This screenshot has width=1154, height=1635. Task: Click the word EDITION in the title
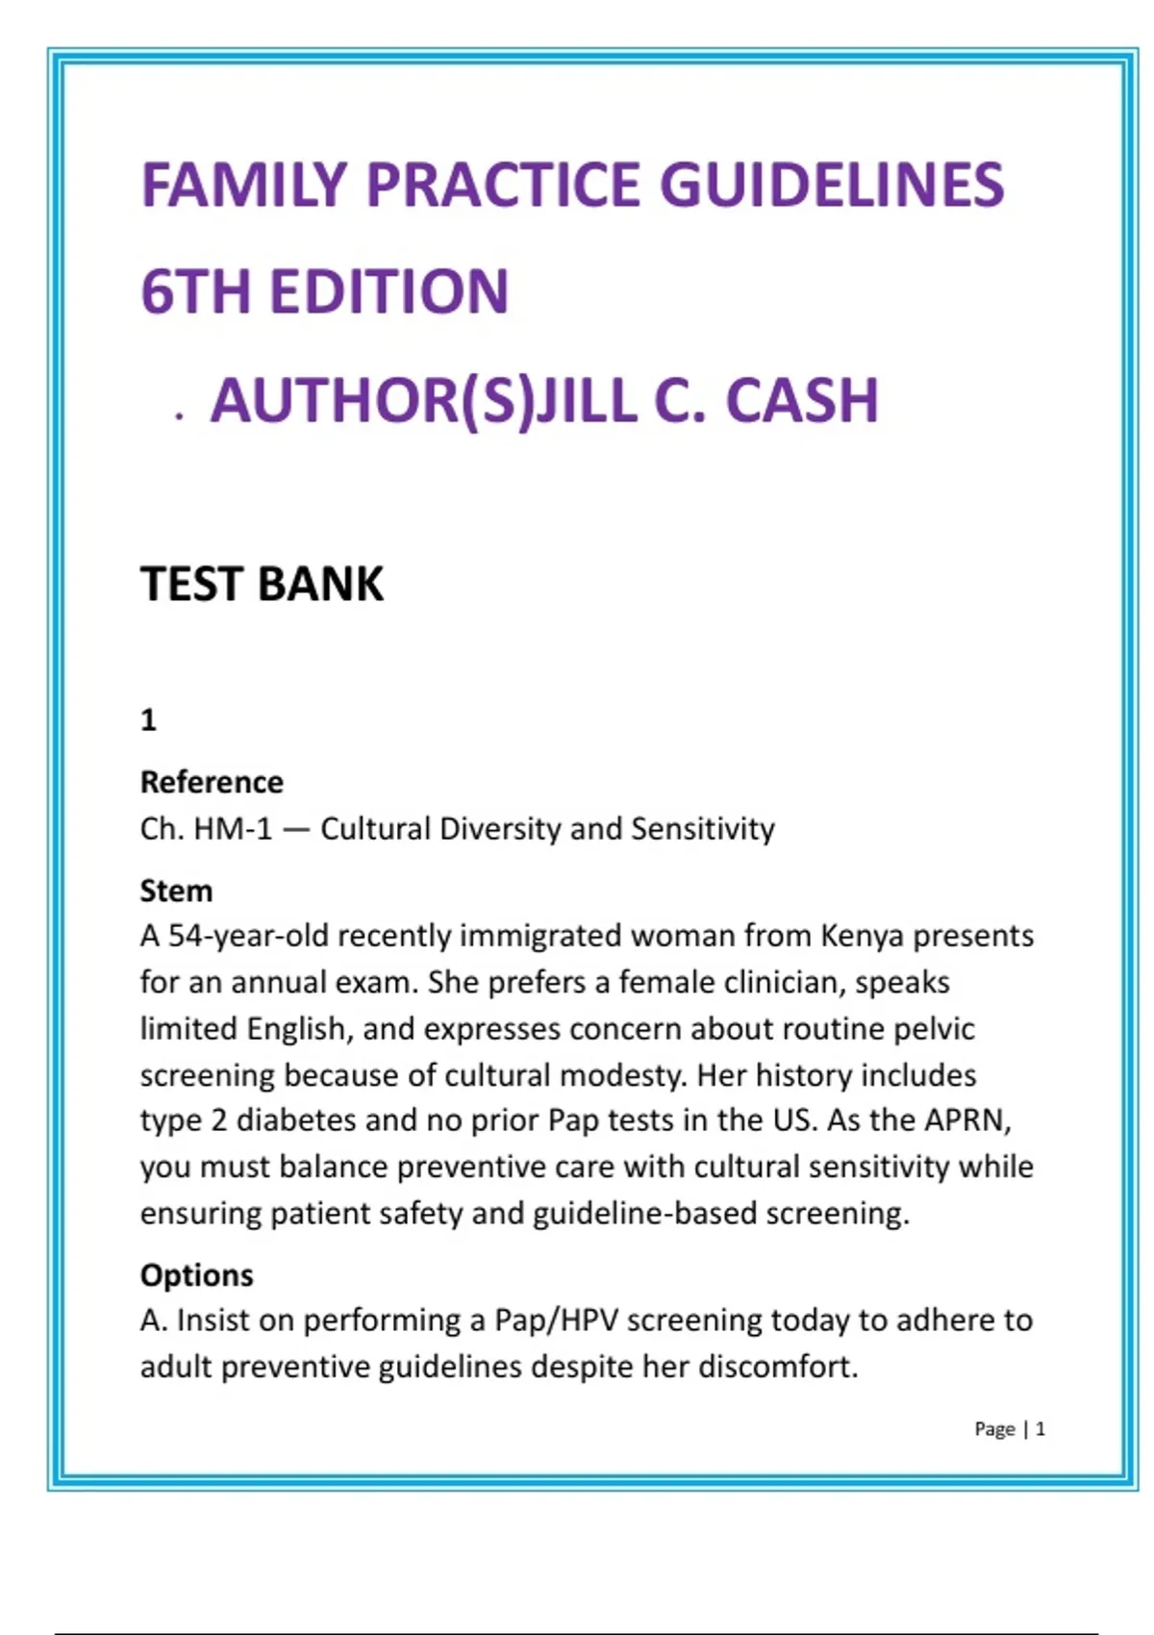(389, 291)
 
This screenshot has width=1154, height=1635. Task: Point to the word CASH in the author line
(802, 400)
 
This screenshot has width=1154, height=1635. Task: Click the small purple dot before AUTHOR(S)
(179, 416)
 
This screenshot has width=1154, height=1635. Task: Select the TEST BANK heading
(262, 584)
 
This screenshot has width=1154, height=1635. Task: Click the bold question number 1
(148, 719)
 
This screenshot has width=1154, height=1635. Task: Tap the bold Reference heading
(212, 782)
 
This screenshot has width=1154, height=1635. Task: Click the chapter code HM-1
(234, 828)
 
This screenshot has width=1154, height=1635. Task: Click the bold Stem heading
(176, 891)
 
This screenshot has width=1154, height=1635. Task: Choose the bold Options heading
(196, 1275)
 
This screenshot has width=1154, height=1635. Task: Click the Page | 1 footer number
(1040, 1429)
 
